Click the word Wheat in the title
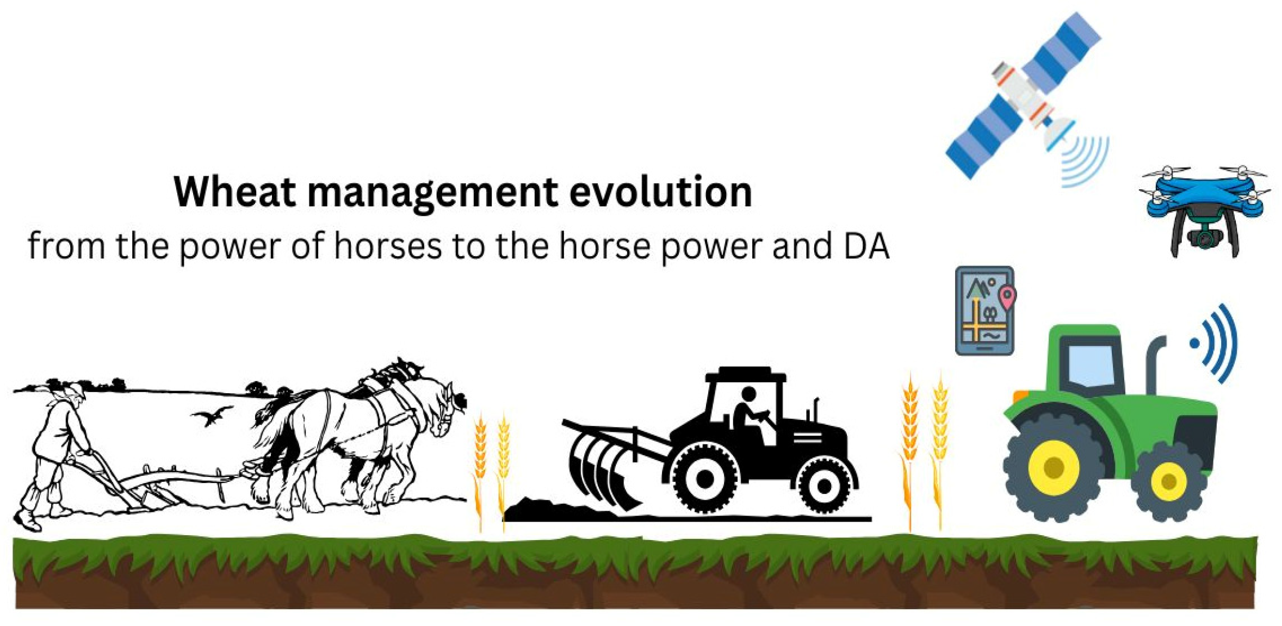pyautogui.click(x=234, y=192)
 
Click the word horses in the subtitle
pyautogui.click(x=387, y=246)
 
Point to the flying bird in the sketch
pyautogui.click(x=212, y=416)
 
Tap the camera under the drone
pyautogui.click(x=1204, y=237)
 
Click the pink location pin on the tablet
pyautogui.click(x=1007, y=297)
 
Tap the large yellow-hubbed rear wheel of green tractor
pyautogui.click(x=1054, y=467)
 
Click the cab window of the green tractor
pyautogui.click(x=1091, y=364)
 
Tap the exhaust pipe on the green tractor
pyautogui.click(x=1153, y=364)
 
